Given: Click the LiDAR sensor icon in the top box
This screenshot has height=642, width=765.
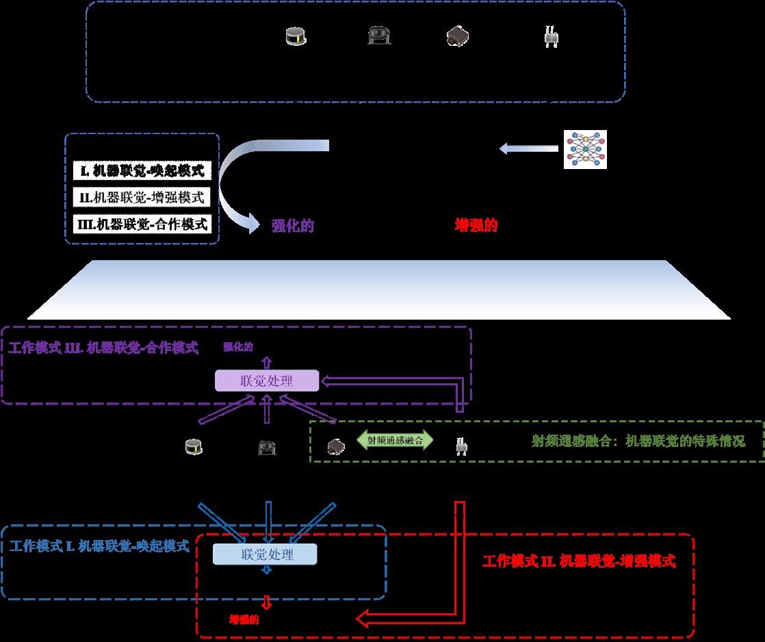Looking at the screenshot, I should tap(296, 37).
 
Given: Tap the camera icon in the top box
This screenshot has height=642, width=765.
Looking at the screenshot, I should tap(378, 36).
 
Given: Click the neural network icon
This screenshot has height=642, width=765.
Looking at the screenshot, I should tap(584, 149).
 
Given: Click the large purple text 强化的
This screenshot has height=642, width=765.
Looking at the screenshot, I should tap(292, 226).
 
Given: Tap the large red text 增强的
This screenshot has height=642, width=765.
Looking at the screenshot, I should tap(476, 226).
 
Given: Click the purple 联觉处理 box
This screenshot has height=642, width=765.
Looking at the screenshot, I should tap(267, 381).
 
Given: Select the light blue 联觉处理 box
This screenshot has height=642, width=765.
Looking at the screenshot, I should tap(265, 554).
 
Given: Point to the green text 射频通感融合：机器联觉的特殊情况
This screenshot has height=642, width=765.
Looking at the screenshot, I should tap(638, 441).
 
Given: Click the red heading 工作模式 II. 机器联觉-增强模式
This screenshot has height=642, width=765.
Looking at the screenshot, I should tap(579, 562).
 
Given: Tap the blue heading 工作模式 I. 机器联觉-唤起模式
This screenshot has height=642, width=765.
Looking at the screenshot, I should tap(99, 546).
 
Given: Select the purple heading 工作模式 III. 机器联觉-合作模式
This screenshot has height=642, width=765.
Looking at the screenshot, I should tap(103, 348).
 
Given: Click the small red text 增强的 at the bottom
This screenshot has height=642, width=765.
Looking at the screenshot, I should tap(244, 619).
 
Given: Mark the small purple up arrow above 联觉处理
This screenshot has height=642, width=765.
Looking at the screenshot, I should tap(267, 362).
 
